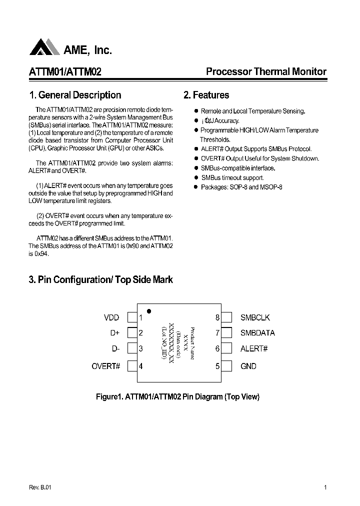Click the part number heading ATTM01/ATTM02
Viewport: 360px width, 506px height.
(x=65, y=72)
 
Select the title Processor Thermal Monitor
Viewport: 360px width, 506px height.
(x=266, y=71)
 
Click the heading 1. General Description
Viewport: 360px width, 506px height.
(x=75, y=95)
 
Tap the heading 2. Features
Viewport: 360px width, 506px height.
(x=206, y=95)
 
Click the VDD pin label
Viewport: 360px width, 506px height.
(x=111, y=317)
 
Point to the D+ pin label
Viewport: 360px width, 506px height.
(x=114, y=333)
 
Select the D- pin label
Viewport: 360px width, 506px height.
(x=115, y=349)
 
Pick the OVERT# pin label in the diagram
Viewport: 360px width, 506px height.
(x=106, y=366)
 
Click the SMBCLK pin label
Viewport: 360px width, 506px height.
(x=255, y=317)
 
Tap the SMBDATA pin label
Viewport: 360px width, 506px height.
(x=257, y=333)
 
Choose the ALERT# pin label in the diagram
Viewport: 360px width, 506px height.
(x=254, y=349)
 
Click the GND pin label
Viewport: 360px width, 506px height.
(x=248, y=366)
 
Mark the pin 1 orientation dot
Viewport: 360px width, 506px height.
(x=149, y=311)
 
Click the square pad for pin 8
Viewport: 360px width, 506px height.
(x=226, y=317)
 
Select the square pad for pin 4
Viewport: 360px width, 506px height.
(x=132, y=366)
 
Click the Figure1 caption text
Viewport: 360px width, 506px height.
(x=177, y=397)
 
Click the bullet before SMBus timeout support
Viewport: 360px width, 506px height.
(x=196, y=177)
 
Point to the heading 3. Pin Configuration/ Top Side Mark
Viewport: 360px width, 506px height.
(x=100, y=280)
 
